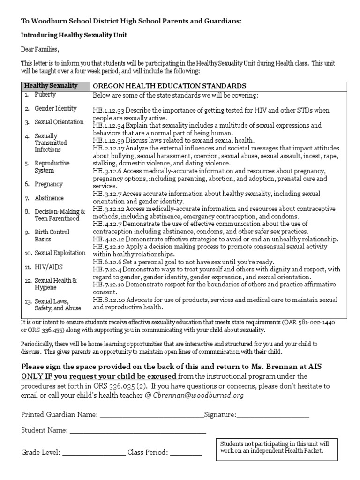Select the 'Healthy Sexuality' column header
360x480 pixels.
[x=51, y=86]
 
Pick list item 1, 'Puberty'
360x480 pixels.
[x=45, y=95]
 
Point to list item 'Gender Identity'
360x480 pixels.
[x=55, y=108]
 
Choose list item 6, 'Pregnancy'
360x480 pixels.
[x=49, y=184]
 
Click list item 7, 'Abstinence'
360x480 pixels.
[x=49, y=198]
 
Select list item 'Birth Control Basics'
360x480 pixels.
[x=52, y=235]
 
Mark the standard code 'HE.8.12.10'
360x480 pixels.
[x=109, y=300]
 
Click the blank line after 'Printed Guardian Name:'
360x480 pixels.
[x=151, y=416]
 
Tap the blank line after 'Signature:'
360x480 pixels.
[x=273, y=416]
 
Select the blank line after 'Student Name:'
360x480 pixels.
[x=138, y=431]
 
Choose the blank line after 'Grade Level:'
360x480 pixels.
[x=94, y=453]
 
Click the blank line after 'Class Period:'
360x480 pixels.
[x=186, y=453]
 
